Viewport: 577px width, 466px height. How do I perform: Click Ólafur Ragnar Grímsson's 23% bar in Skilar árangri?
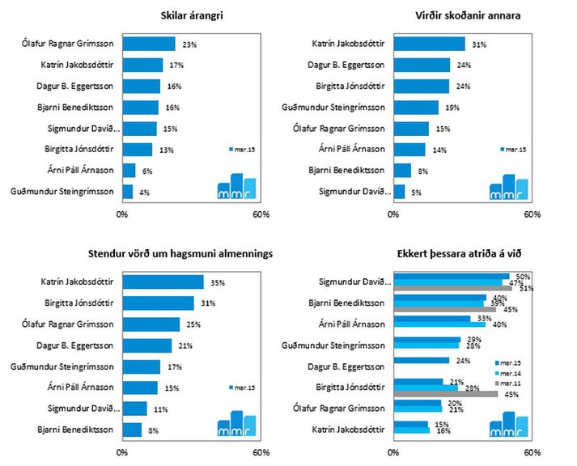point(150,44)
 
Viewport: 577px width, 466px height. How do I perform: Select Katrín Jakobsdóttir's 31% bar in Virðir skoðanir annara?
point(429,44)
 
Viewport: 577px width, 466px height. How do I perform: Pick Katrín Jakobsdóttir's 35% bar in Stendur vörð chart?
point(163,282)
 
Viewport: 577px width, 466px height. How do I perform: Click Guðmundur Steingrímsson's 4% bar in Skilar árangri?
point(127,192)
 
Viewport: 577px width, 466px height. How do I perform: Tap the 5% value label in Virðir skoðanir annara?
point(415,192)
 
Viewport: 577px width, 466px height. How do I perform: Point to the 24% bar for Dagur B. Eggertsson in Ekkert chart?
point(421,360)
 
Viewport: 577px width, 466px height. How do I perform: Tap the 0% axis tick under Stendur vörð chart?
point(122,452)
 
